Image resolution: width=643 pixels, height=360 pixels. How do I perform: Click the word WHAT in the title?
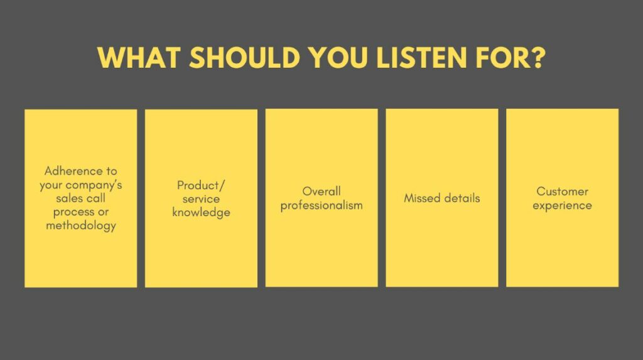point(139,57)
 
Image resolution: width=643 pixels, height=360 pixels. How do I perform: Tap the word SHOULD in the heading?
point(245,57)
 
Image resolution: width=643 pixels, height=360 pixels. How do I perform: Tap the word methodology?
point(81,226)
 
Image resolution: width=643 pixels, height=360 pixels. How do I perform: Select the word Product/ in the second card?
point(201,185)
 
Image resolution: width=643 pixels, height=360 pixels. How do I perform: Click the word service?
point(201,199)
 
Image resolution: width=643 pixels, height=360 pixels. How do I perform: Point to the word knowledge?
point(201,212)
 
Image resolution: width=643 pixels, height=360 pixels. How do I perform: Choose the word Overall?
point(321,191)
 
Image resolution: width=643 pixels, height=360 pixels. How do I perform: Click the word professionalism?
point(321,205)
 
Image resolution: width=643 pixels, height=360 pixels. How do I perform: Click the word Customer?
point(562,192)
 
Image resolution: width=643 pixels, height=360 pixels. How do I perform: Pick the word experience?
point(562,205)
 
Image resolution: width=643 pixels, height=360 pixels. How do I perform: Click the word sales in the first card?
point(68,199)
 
